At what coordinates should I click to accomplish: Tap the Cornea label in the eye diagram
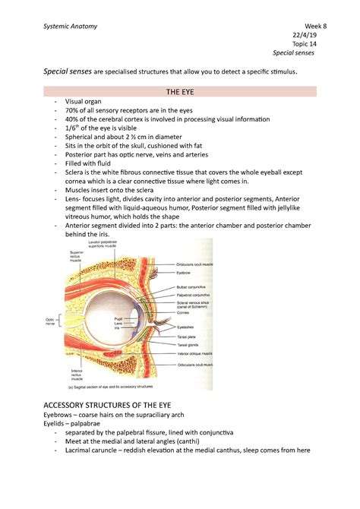196,311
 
